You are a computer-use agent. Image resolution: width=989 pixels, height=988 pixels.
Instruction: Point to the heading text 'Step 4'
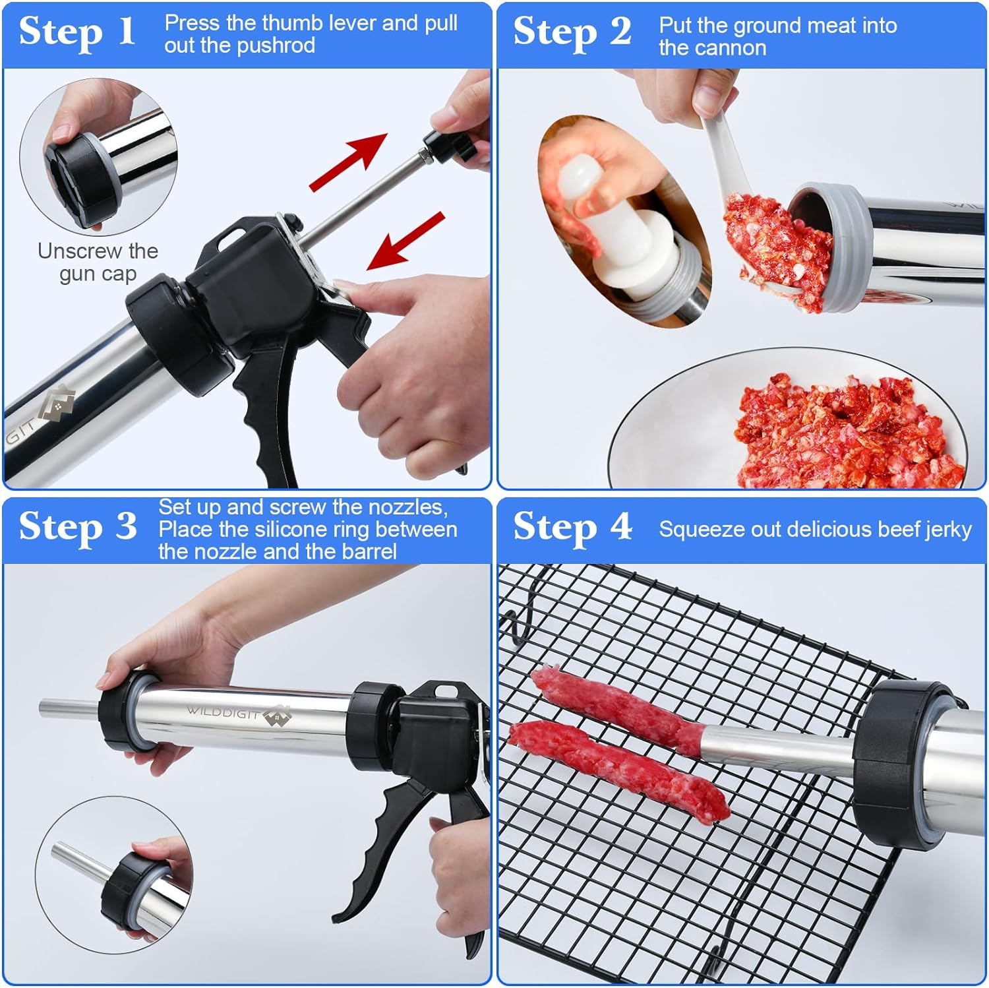[x=572, y=528]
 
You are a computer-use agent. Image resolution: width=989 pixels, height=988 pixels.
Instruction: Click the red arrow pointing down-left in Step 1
[x=405, y=241]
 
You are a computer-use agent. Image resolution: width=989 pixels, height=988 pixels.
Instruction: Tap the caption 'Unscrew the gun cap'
[x=98, y=262]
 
